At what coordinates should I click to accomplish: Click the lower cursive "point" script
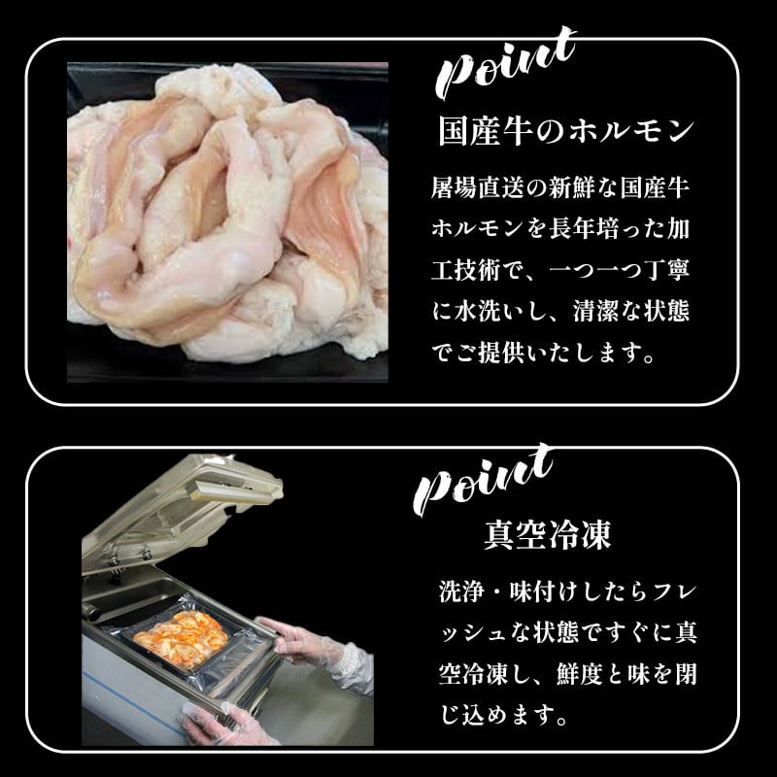[483, 479]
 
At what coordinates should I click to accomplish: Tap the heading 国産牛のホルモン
[565, 131]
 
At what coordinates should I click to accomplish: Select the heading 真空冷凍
[548, 535]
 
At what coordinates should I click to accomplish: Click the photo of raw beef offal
[227, 222]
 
